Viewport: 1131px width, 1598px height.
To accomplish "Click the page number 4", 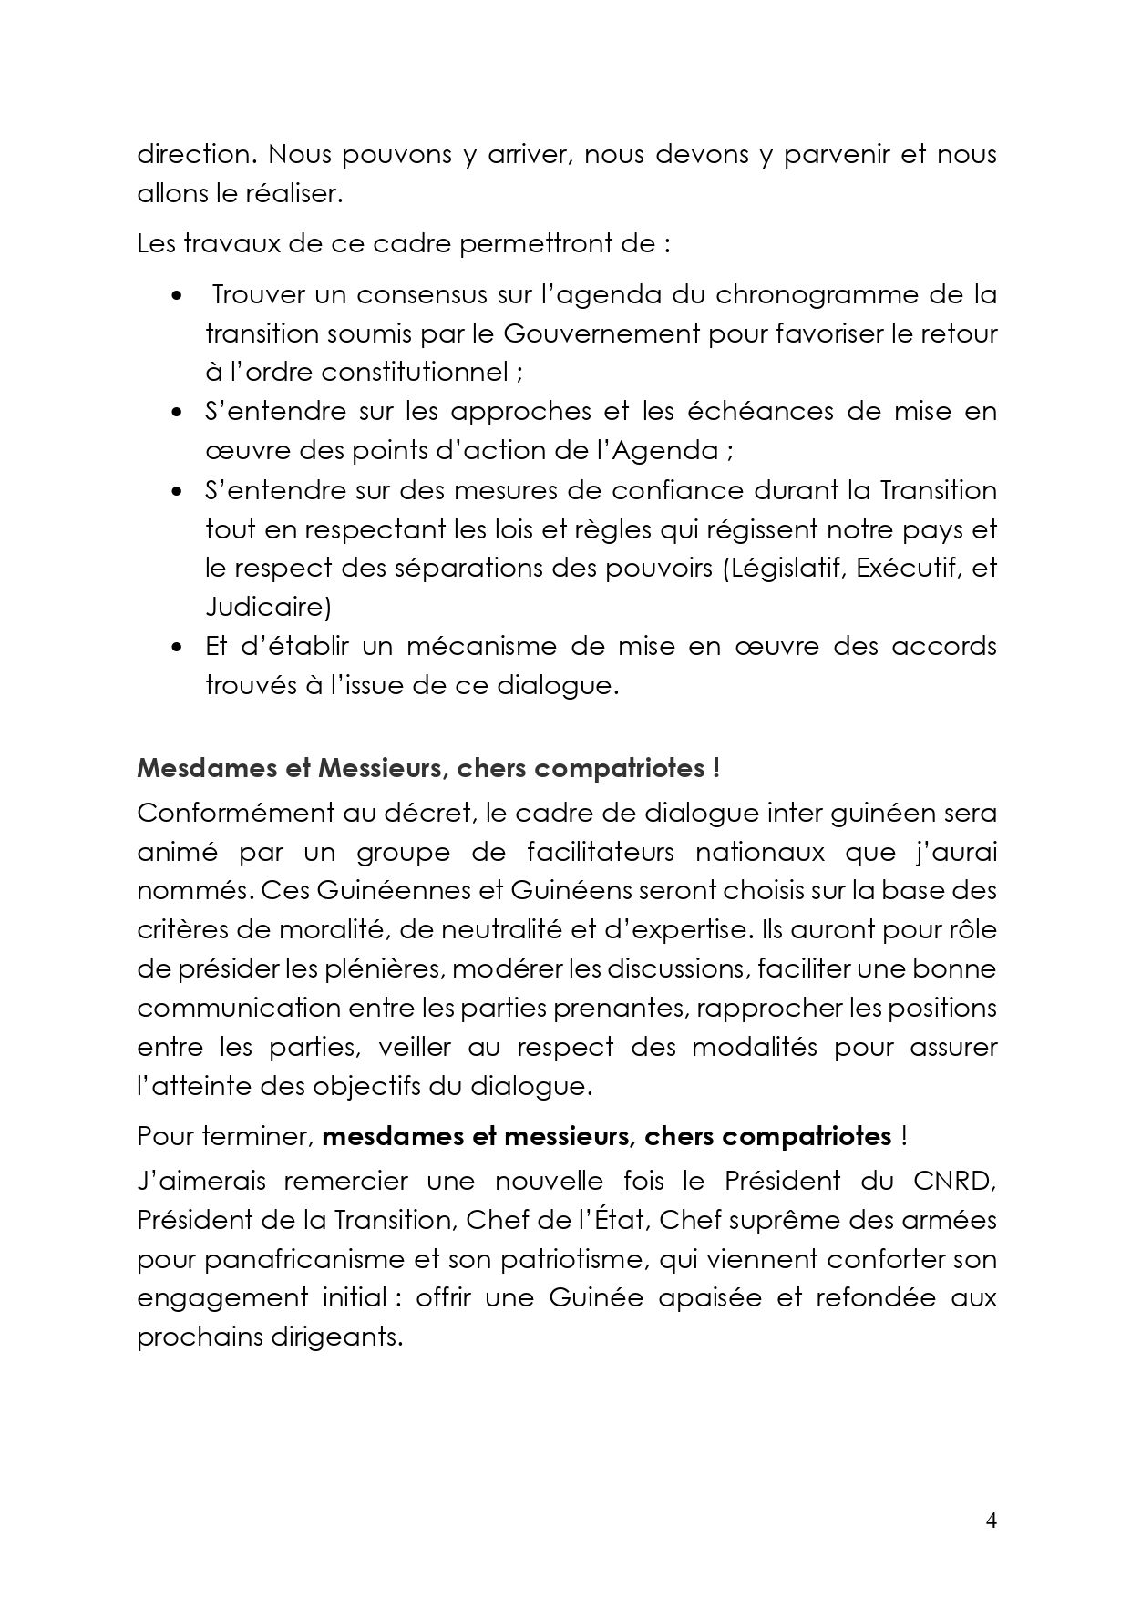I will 992,1520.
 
